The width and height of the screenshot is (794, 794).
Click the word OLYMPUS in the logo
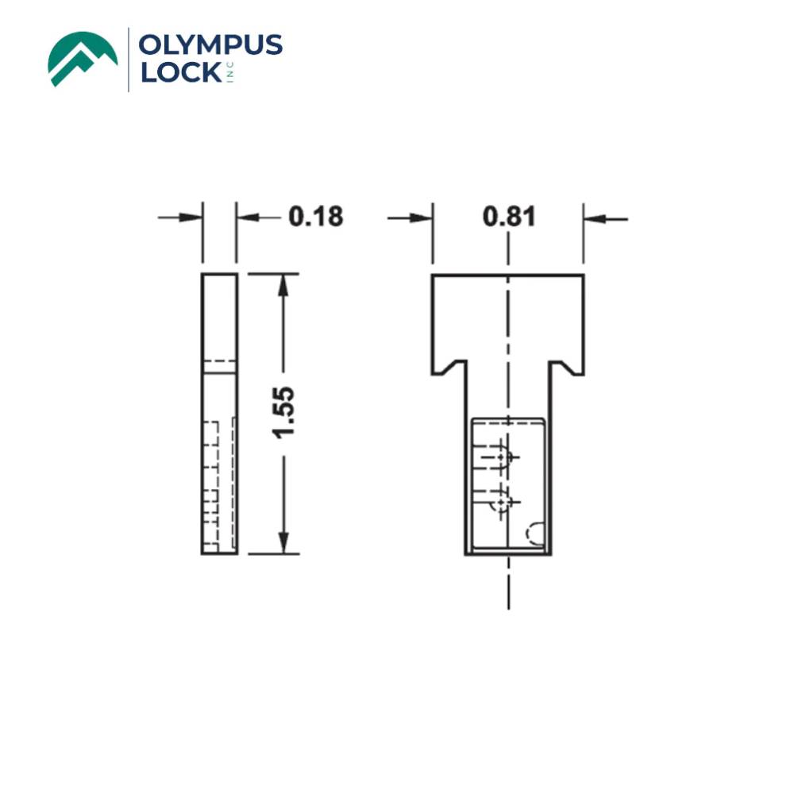[210, 45]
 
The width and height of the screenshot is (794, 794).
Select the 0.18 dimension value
[315, 217]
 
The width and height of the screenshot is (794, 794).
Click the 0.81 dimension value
[509, 217]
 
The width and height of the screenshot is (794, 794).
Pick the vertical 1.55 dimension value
[283, 411]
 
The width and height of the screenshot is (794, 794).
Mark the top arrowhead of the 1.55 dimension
[283, 283]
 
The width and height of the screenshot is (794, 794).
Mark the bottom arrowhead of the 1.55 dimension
[283, 545]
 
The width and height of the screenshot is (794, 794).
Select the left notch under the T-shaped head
[453, 368]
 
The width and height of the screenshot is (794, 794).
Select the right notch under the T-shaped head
[563, 368]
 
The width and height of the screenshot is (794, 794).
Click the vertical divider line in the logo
[129, 60]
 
